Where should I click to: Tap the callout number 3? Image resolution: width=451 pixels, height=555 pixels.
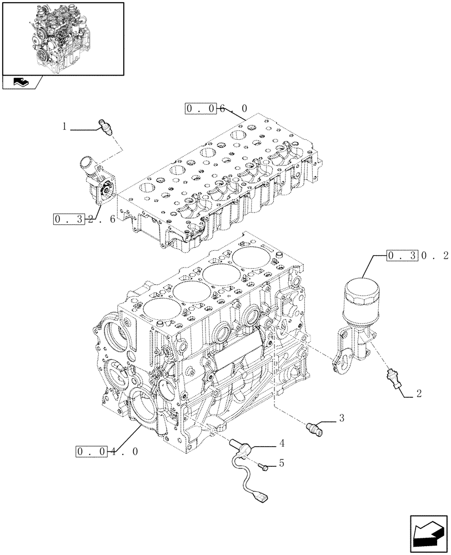click(x=341, y=418)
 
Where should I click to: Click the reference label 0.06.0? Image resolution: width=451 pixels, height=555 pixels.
click(x=217, y=108)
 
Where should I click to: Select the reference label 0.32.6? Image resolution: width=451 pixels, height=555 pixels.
click(x=84, y=219)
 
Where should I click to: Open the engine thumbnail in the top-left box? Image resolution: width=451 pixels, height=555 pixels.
click(x=62, y=38)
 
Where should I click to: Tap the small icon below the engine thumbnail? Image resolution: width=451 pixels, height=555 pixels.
click(x=22, y=83)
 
